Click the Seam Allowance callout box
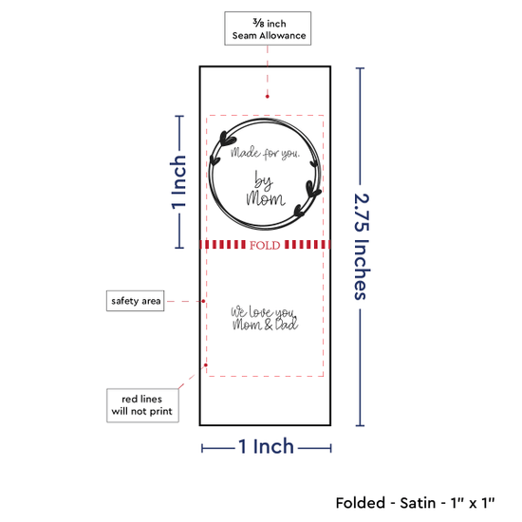tap(268, 28)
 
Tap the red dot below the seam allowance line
tap(268, 97)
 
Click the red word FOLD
tap(265, 246)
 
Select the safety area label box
tap(135, 301)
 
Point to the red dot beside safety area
tap(203, 301)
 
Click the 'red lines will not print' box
tap(142, 405)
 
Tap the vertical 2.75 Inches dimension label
tap(362, 247)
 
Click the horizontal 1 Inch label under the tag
tap(267, 446)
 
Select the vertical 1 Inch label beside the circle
tap(178, 182)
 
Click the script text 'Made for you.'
tap(265, 153)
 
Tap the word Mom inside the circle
tap(266, 198)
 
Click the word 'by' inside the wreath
tap(264, 181)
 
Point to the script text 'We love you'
tap(263, 312)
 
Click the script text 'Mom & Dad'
tap(265, 325)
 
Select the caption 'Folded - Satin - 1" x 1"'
tap(415, 503)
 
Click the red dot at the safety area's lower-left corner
tap(206, 365)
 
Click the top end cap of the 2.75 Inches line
tap(360, 68)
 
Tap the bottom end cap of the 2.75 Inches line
tap(360, 425)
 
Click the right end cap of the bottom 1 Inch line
tap(330, 448)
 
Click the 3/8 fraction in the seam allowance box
tap(258, 23)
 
